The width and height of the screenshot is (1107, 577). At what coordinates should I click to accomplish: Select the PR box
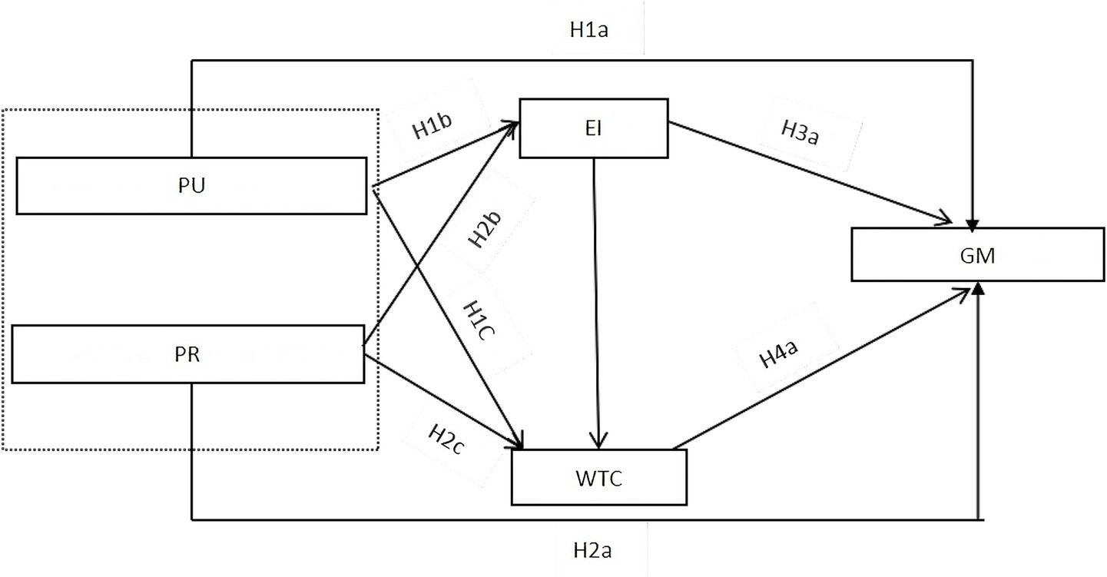[188, 354]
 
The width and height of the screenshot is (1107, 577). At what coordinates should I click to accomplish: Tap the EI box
[593, 128]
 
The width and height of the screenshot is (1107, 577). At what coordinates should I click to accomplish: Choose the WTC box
[599, 477]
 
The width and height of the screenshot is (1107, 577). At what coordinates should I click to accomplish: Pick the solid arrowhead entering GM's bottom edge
[978, 287]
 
